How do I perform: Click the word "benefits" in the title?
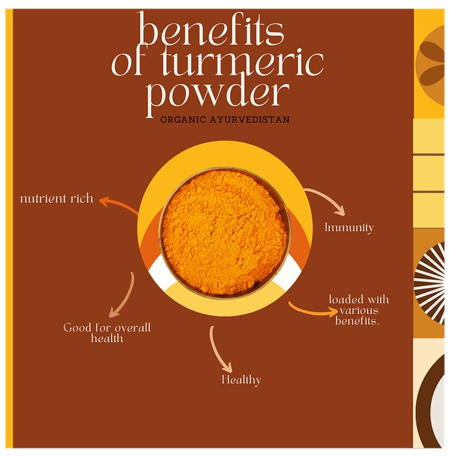point(211,29)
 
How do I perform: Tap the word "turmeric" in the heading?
point(242,63)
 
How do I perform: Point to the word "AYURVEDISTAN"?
point(250,119)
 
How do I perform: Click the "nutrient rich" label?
point(57,198)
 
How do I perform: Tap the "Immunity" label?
point(349,228)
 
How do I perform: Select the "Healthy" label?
point(241,380)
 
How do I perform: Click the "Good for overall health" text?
point(107,332)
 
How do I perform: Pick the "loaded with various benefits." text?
point(359,310)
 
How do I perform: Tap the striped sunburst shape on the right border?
point(430,283)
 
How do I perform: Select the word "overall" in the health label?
point(133,328)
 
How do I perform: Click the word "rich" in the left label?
point(82,198)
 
